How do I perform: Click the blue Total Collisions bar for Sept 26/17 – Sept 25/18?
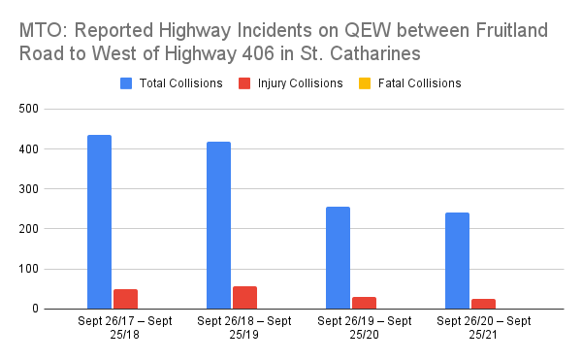(99, 222)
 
